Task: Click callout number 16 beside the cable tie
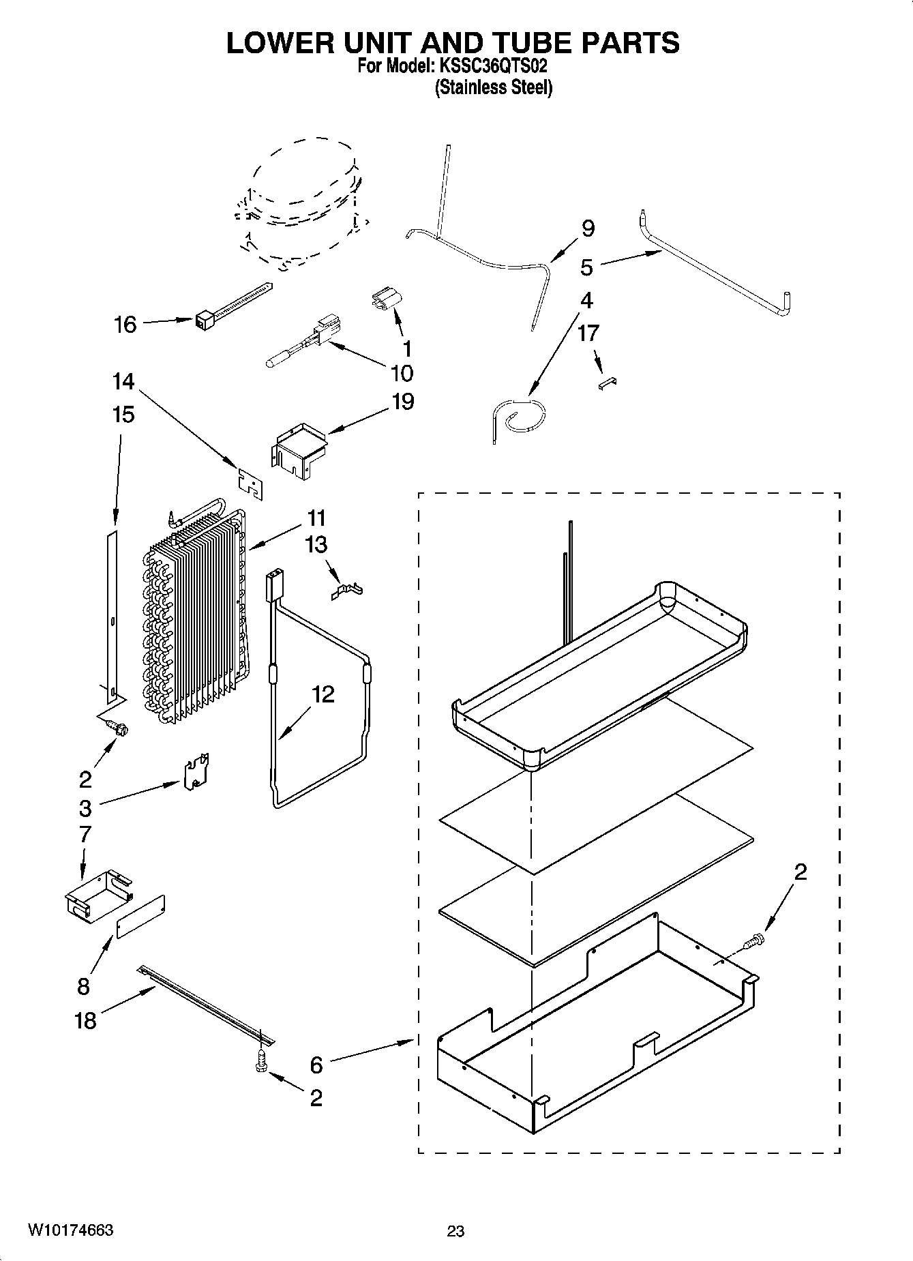[125, 325]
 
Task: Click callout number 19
[402, 402]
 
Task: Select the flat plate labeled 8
[141, 917]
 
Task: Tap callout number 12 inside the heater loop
[323, 695]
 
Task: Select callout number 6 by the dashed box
[316, 1065]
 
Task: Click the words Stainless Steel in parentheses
[494, 88]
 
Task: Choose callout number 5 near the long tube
[586, 267]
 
